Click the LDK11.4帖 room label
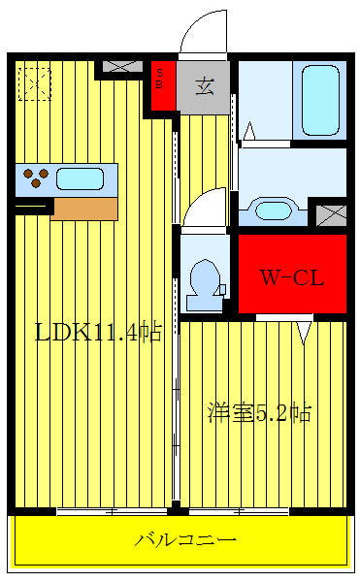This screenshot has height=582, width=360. coord(97,332)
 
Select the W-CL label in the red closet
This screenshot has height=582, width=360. coord(291,276)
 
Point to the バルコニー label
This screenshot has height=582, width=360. coord(185,539)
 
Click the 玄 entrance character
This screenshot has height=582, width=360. coord(206,85)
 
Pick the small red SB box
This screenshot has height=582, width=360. coord(161,78)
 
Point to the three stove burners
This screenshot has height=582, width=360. coord(37,178)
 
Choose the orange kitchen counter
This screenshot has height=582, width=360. coord(83,206)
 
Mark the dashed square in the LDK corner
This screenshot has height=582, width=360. coord(35,82)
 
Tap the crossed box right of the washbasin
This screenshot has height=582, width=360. coord(331,213)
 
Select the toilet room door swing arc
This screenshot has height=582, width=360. coord(205,207)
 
